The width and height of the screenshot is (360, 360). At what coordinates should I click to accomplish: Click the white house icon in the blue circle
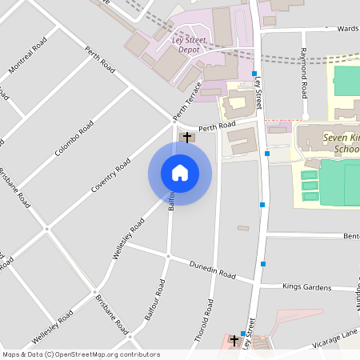coord(180,173)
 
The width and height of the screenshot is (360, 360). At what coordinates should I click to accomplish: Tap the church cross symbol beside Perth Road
coord(187,137)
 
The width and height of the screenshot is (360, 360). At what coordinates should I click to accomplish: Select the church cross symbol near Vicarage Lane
coord(234,340)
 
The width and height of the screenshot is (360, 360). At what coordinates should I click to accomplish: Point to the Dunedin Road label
coord(212,270)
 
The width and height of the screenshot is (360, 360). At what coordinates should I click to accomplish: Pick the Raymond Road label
coord(304,73)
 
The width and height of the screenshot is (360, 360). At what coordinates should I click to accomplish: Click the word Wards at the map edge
coord(348,28)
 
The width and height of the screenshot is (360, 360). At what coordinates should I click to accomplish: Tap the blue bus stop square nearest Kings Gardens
coord(262,263)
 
